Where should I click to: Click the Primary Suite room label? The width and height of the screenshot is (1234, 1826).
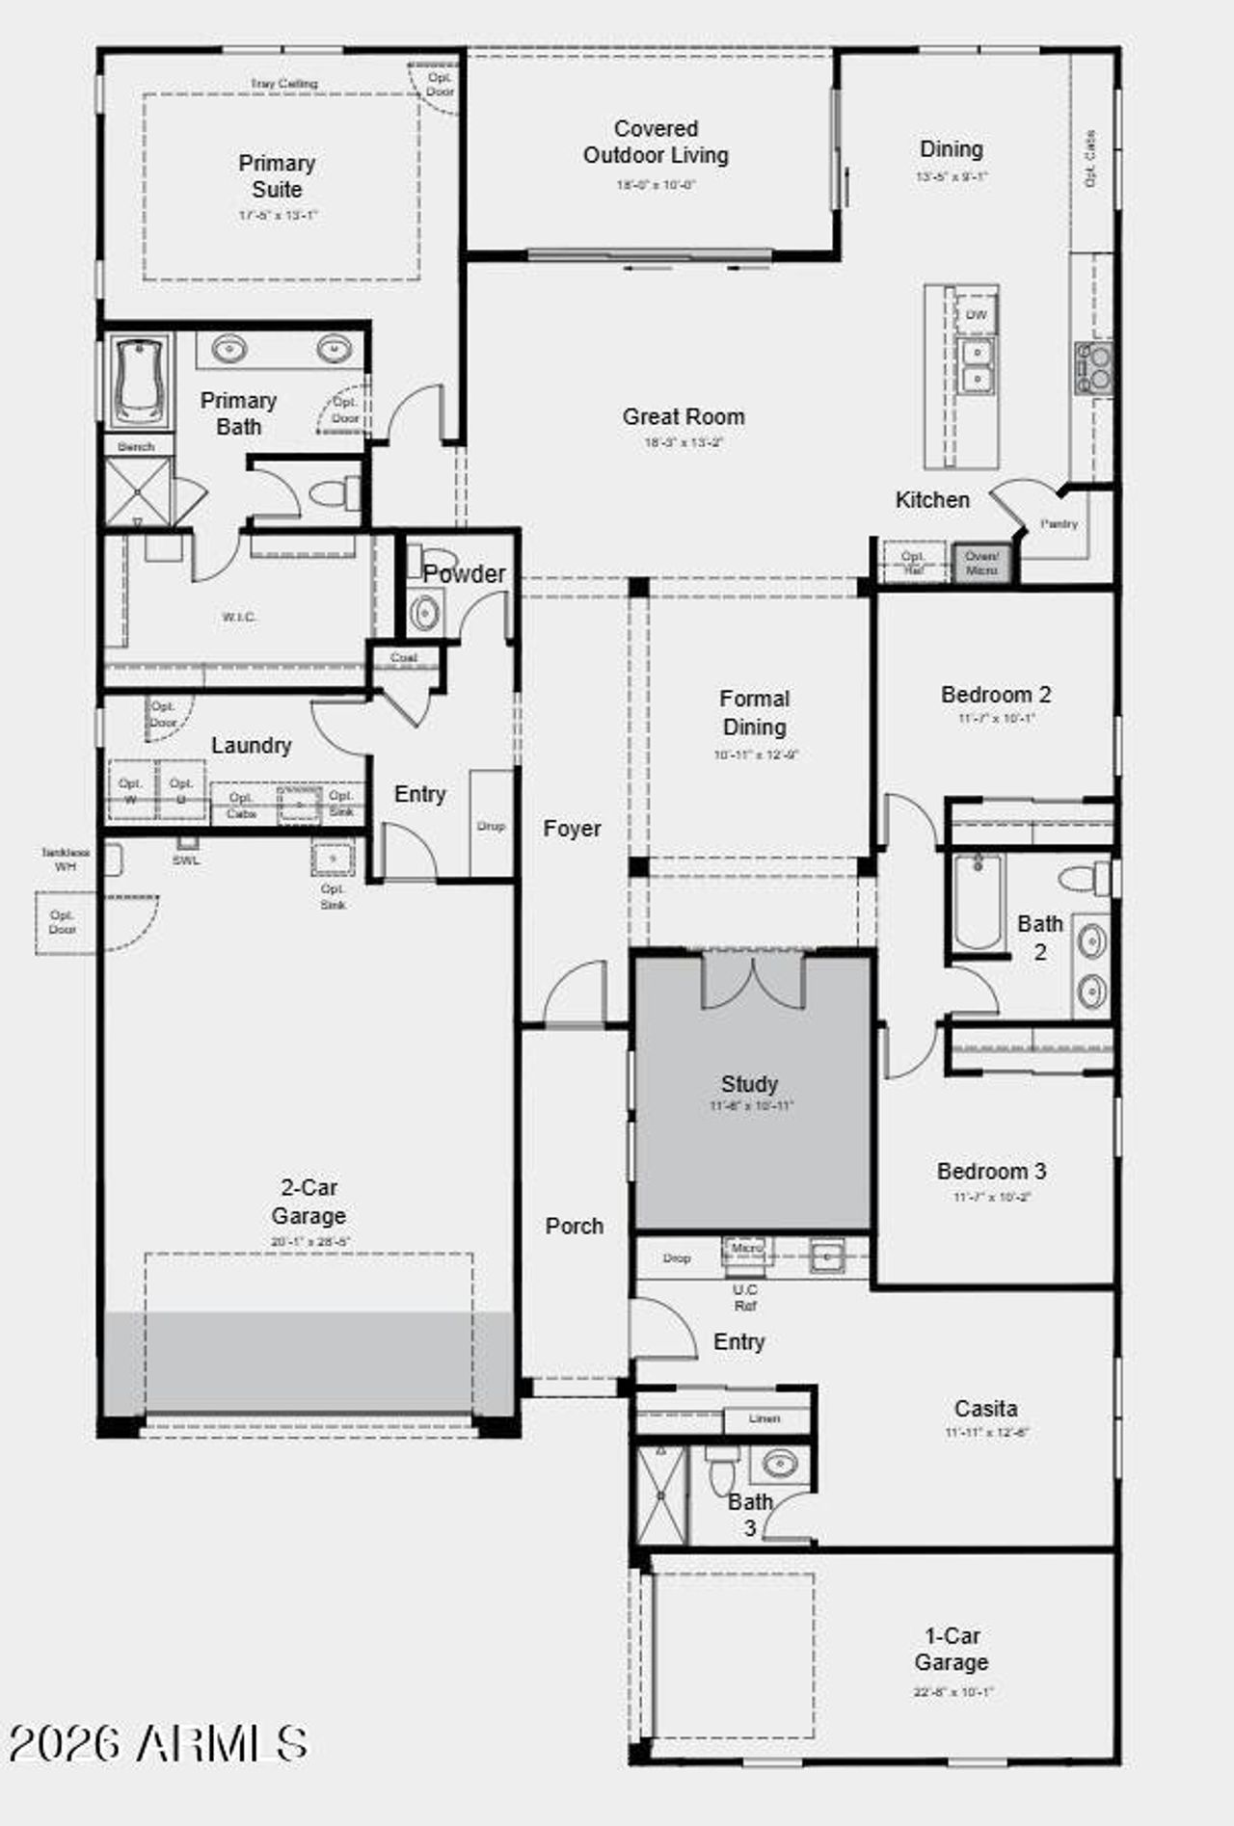[x=277, y=176]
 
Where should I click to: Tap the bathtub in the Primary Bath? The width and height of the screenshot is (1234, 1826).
[x=140, y=381]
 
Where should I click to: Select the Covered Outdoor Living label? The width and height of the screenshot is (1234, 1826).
[x=656, y=142]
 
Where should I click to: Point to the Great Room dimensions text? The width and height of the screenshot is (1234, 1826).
[x=684, y=443]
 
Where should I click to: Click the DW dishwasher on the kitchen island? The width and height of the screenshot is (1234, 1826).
[x=976, y=315]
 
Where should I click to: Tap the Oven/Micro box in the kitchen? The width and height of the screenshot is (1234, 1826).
[x=981, y=563]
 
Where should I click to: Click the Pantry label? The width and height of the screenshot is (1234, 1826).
[x=1059, y=524]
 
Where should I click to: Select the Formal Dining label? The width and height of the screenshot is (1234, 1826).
[x=754, y=713]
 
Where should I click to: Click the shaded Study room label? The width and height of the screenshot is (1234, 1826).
[x=749, y=1084]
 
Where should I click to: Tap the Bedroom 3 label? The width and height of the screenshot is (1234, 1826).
[x=991, y=1172]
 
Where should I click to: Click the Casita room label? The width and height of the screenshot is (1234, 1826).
[x=985, y=1409]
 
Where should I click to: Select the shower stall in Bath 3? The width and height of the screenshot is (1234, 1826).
[x=661, y=1495]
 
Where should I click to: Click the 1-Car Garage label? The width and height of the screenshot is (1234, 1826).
[x=951, y=1649]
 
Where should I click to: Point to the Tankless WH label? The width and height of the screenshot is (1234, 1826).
[x=66, y=860]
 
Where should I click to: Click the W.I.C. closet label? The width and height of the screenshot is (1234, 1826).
[x=239, y=617]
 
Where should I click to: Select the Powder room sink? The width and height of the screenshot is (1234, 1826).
[x=424, y=612]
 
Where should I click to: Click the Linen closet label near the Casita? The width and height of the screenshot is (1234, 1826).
[x=764, y=1418]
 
